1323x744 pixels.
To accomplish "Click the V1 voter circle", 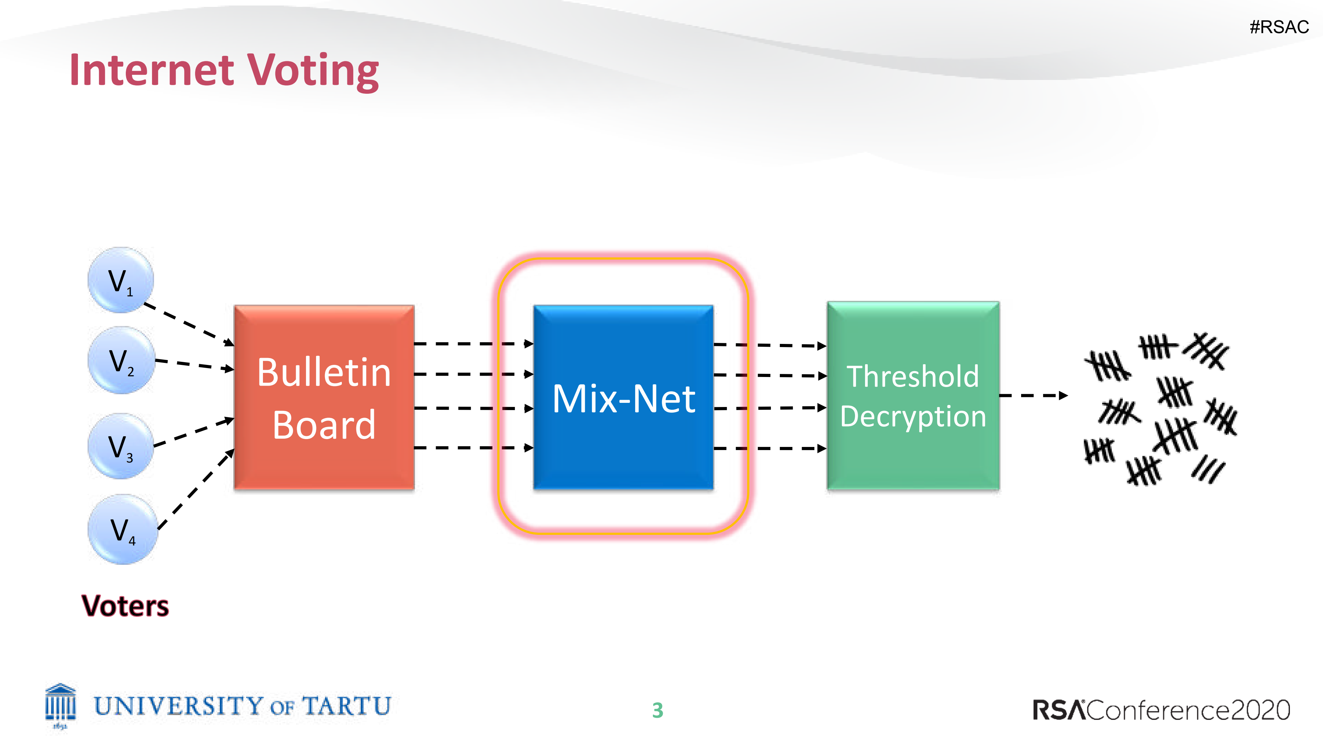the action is click(x=121, y=280).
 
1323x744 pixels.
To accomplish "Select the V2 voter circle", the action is click(x=121, y=360).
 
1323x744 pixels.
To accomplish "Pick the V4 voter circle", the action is click(x=122, y=529).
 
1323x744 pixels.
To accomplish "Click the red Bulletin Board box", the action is click(x=324, y=397).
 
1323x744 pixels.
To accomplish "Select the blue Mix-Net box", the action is click(x=623, y=397).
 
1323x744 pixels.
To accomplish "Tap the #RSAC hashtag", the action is click(x=1279, y=27).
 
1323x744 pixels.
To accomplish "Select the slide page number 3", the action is click(x=658, y=710).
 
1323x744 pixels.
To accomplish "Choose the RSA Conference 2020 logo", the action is click(x=1162, y=710).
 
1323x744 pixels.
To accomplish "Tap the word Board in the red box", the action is click(x=324, y=425).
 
